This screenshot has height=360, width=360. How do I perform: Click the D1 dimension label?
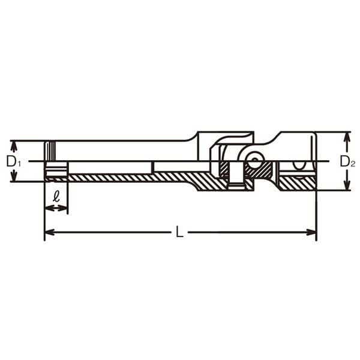click(x=14, y=161)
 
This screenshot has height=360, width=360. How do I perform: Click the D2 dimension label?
click(x=347, y=161)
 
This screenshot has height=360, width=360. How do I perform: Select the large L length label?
click(x=179, y=232)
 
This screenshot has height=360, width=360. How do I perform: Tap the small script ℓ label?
click(x=56, y=196)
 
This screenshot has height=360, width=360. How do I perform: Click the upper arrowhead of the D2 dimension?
click(x=347, y=138)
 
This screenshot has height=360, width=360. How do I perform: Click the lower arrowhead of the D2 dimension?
click(x=347, y=185)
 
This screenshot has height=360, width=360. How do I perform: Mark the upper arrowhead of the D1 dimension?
click(x=14, y=146)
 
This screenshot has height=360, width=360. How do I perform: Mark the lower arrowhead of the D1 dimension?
click(x=14, y=176)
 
